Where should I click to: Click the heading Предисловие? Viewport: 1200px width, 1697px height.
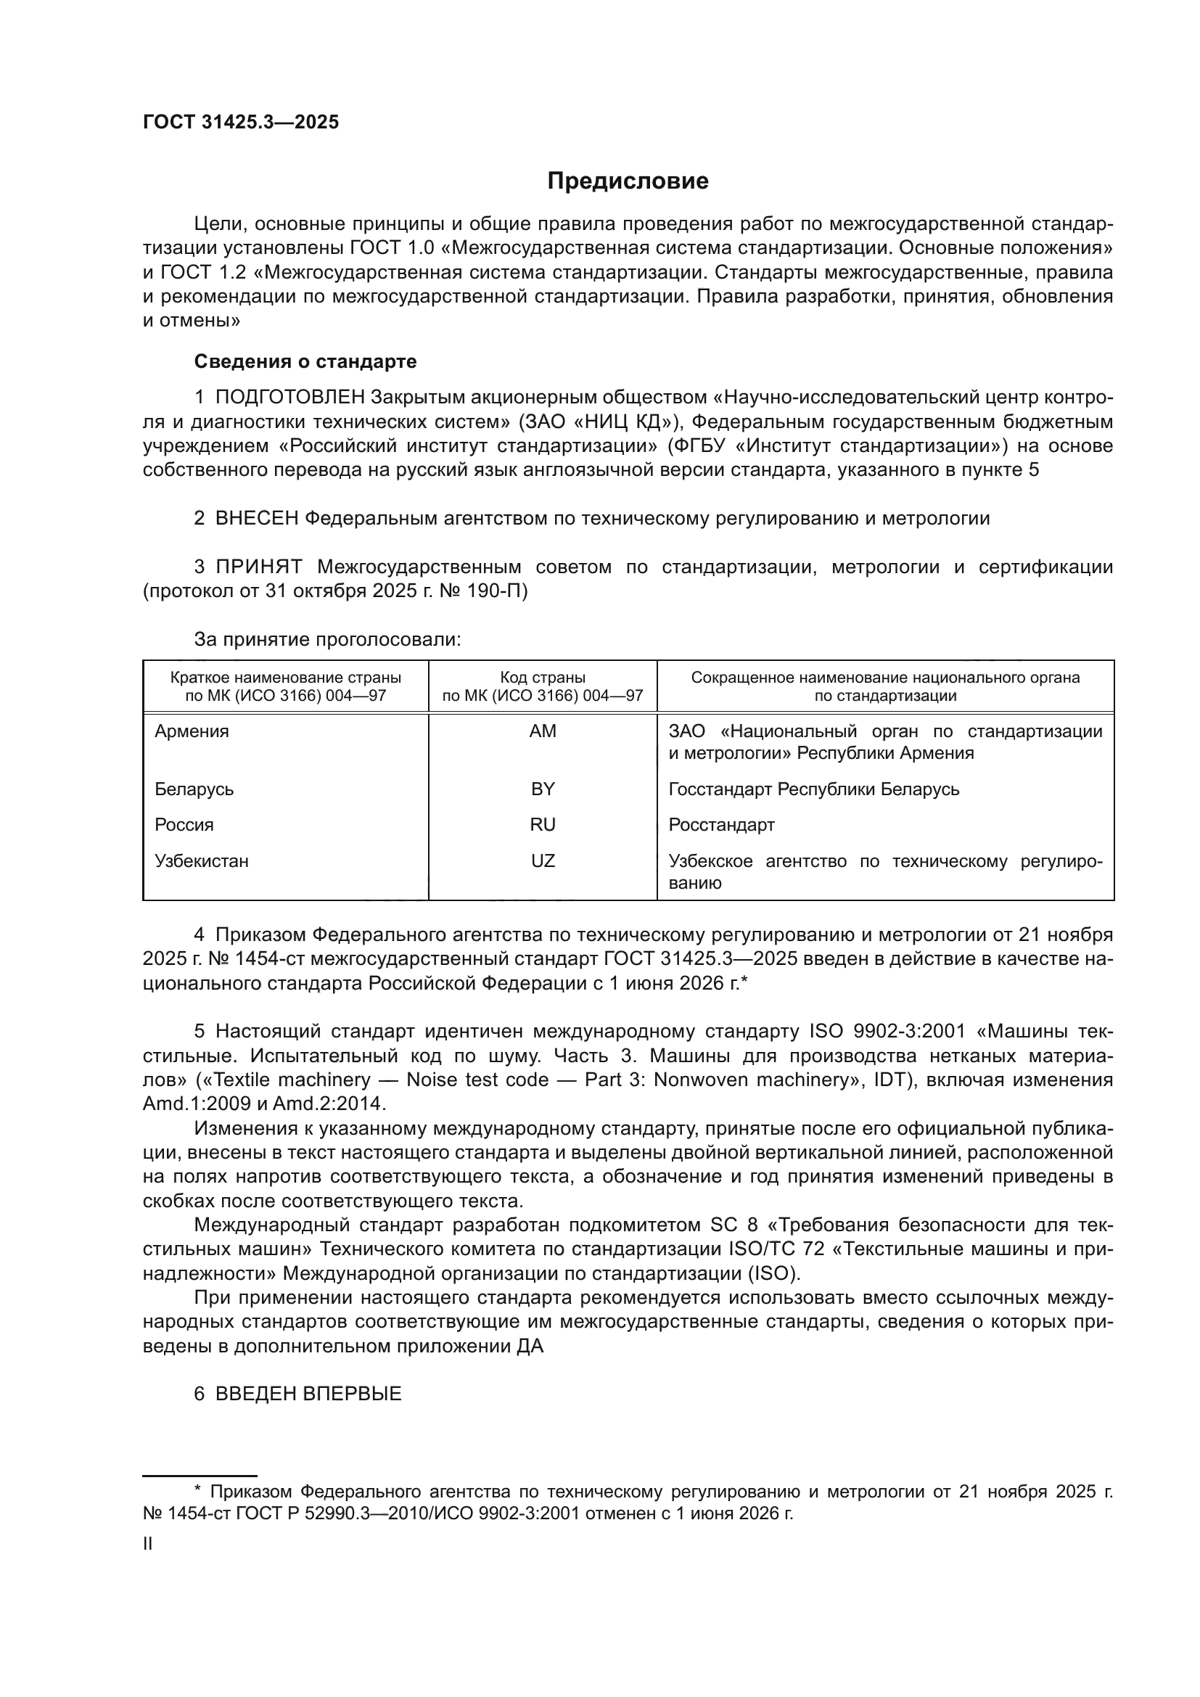point(628,181)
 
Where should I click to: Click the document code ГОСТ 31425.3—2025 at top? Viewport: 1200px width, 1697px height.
point(241,123)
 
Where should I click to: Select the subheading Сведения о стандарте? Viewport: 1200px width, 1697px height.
point(305,361)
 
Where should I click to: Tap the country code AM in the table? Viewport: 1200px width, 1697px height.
point(543,731)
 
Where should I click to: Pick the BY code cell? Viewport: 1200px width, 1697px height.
point(543,789)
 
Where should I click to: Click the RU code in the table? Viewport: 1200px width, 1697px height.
point(543,825)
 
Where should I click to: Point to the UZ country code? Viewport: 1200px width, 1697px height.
point(543,861)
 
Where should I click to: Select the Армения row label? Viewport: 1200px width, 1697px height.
point(192,731)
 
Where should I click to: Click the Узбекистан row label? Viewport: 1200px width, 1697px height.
point(202,861)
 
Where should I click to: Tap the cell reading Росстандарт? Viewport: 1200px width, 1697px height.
point(721,825)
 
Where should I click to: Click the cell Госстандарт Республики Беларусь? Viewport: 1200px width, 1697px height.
point(813,789)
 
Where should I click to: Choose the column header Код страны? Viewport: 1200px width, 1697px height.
point(543,678)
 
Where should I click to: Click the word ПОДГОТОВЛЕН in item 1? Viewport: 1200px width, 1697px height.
point(290,398)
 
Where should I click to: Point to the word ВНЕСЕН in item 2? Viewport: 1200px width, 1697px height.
point(257,518)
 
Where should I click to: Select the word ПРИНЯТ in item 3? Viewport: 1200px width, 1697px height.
point(258,567)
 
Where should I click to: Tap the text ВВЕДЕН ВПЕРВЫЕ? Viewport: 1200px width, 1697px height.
point(308,1394)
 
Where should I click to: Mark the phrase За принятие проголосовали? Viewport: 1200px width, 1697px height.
point(327,639)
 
